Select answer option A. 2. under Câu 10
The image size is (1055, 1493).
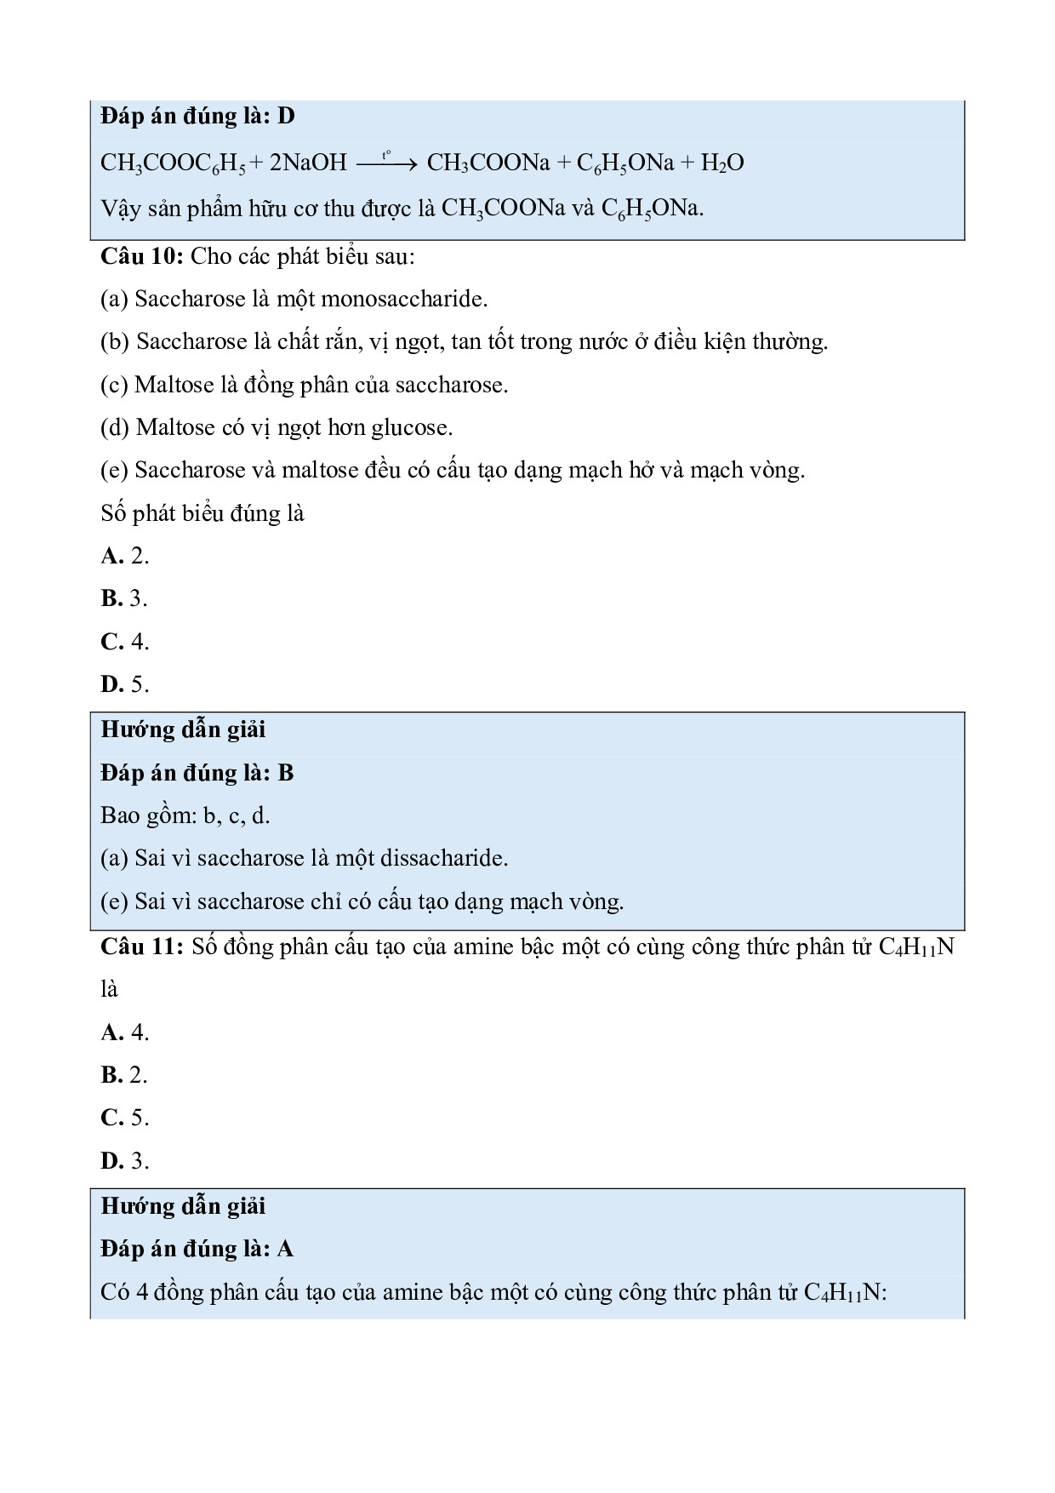[x=125, y=556]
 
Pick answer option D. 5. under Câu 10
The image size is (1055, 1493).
[x=125, y=684]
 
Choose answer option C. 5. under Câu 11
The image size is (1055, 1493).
[x=125, y=1118]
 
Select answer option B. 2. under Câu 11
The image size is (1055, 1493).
[x=125, y=1075]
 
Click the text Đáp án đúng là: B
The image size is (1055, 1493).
[x=197, y=773]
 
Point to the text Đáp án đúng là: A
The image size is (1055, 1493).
[x=197, y=1249]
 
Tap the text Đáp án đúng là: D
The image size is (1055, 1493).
[x=197, y=116]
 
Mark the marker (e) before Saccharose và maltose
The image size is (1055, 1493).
[x=114, y=470]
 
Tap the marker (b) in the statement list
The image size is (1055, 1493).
[x=114, y=342]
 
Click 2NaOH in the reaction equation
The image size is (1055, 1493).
[x=308, y=163]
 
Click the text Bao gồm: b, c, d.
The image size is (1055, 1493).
[x=185, y=815]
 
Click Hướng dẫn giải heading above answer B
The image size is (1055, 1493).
[x=183, y=729]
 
